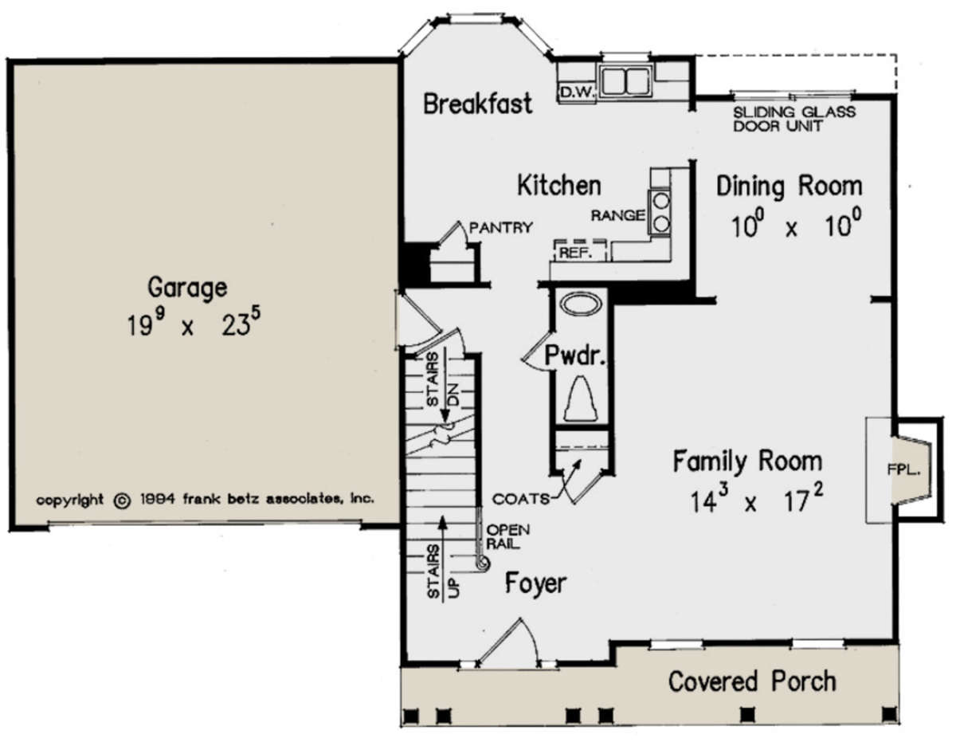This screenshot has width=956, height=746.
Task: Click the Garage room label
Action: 187,289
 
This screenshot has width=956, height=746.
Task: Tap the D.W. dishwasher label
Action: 577,93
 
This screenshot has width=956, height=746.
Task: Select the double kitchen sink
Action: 625,81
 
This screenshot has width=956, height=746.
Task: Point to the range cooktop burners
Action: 659,212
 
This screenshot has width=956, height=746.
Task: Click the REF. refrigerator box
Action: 580,251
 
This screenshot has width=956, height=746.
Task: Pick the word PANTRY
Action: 500,227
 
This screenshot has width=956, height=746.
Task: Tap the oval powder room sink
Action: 581,305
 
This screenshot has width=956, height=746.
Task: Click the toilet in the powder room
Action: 581,399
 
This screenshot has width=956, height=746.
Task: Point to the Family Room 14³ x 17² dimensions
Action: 757,500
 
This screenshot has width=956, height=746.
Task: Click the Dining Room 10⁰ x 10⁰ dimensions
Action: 795,225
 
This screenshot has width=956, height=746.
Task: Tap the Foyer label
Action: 535,583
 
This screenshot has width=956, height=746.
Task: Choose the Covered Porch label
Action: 752,681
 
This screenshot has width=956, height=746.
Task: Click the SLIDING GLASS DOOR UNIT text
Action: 794,119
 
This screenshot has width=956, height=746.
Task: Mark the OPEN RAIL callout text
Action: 507,536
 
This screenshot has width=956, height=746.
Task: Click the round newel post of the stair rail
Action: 483,563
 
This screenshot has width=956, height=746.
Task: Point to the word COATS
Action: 520,499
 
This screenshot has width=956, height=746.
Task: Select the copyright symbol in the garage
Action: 123,501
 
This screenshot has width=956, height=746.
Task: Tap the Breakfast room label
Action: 477,104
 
